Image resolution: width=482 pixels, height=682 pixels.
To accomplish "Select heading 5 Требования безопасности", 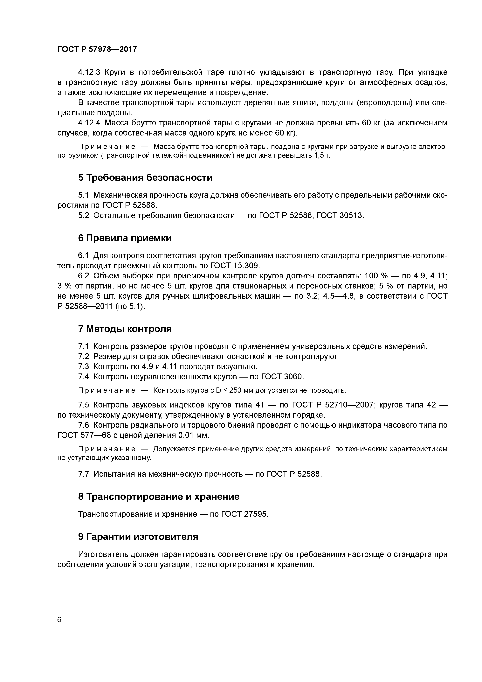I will (145, 178).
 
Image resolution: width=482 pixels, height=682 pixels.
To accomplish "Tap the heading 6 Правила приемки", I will (125, 238).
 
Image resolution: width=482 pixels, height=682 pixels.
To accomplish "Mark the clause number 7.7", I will (83, 474).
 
